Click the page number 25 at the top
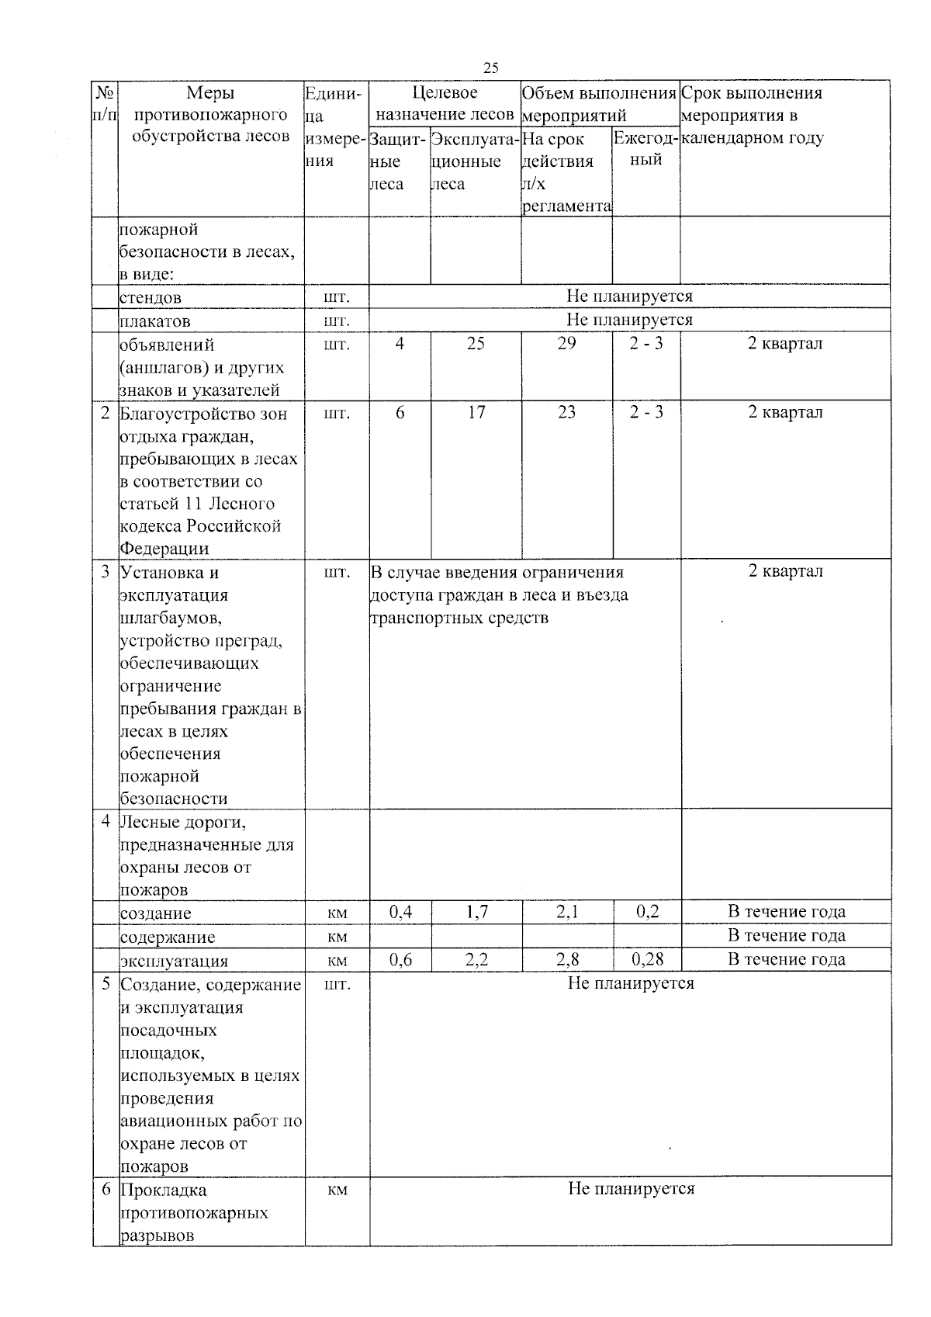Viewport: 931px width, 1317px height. [x=490, y=68]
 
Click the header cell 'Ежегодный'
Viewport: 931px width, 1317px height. [x=646, y=149]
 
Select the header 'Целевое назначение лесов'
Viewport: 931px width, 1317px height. [x=445, y=104]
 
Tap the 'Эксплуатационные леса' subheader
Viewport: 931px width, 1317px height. [x=475, y=161]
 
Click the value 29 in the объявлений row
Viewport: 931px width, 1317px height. [x=566, y=344]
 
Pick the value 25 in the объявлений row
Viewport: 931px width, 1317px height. [x=476, y=344]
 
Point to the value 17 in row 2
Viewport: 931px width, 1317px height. [x=476, y=413]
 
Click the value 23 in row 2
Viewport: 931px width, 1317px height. [x=566, y=413]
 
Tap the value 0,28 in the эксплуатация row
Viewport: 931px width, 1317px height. [x=647, y=959]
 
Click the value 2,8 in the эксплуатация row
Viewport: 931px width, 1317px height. [x=567, y=959]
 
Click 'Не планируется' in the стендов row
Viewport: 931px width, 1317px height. [x=629, y=296]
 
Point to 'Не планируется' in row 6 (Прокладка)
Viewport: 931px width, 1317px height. [x=631, y=1189]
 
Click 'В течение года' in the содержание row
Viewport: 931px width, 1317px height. [x=786, y=936]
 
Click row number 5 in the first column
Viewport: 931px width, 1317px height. [x=106, y=985]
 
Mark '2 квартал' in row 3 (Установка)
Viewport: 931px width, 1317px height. [x=785, y=572]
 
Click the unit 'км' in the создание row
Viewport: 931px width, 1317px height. [x=337, y=913]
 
